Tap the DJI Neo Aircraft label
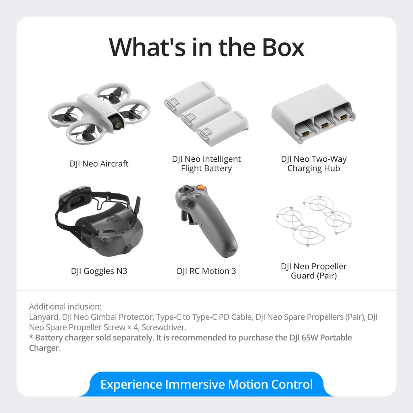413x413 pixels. click(x=99, y=164)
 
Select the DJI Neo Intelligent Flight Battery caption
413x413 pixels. click(x=206, y=164)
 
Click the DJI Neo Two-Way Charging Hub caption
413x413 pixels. click(x=314, y=164)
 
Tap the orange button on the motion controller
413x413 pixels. click(x=201, y=188)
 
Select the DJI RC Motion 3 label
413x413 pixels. click(x=206, y=271)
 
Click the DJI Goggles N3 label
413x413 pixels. click(x=99, y=271)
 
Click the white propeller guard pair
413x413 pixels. click(x=313, y=220)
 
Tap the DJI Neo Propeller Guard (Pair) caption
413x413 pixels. click(x=314, y=271)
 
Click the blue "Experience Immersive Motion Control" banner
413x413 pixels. click(x=206, y=384)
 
